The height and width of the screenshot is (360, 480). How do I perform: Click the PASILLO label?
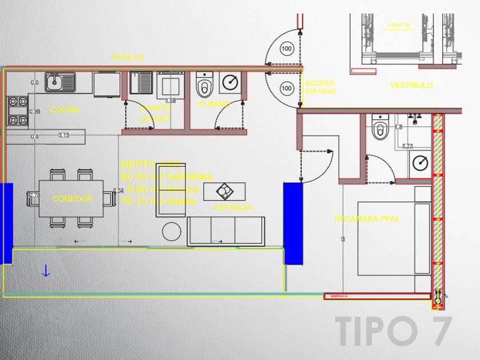click(127, 58)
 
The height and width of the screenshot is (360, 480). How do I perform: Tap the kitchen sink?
click(61, 82)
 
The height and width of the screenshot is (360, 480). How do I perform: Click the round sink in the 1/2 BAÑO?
click(230, 82)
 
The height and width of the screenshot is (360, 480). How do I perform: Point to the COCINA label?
click(65, 110)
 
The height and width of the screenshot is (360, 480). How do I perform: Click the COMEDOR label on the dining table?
click(73, 199)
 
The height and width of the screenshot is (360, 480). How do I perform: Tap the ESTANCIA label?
click(233, 207)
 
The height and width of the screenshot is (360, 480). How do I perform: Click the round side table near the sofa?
click(172, 231)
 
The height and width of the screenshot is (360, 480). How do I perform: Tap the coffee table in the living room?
click(224, 191)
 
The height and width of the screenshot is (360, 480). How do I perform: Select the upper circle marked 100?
click(286, 49)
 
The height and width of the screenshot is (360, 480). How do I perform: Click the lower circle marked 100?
click(286, 88)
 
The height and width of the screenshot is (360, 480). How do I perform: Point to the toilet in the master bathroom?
click(380, 129)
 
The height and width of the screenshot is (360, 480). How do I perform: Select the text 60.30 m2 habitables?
click(166, 177)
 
